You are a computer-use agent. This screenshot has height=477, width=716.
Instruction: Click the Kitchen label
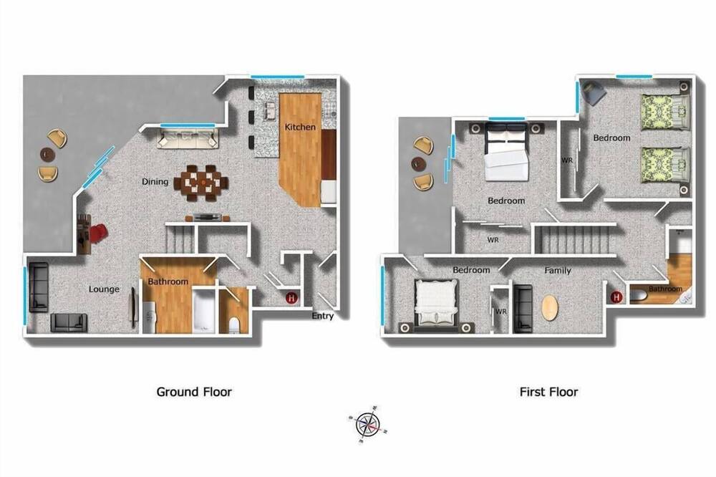[x=300, y=127]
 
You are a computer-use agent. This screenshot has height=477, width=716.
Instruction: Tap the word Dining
[x=155, y=182]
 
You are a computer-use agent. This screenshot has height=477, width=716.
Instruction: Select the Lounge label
[x=104, y=289]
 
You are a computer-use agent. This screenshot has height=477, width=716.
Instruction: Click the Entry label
[x=322, y=316]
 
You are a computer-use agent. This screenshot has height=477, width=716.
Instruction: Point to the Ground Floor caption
[x=194, y=392]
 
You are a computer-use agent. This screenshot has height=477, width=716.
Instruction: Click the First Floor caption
[x=549, y=392]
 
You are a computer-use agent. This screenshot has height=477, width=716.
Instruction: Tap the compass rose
[x=368, y=425]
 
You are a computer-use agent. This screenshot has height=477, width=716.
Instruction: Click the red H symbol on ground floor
[x=292, y=299]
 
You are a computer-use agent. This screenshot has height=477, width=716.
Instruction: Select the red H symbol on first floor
[x=616, y=297]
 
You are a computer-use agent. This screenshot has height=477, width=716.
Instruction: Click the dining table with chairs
[x=204, y=183]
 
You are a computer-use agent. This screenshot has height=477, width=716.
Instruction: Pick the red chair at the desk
[x=98, y=233]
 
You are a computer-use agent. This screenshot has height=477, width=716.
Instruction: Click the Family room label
[x=558, y=271]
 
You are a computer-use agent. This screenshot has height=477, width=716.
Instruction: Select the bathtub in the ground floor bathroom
[x=203, y=312]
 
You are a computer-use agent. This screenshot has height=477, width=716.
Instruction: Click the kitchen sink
[x=269, y=110]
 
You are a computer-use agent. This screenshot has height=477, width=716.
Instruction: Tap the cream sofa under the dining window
[x=188, y=138]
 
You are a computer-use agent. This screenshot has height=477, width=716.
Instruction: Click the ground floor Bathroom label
[x=168, y=282]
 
